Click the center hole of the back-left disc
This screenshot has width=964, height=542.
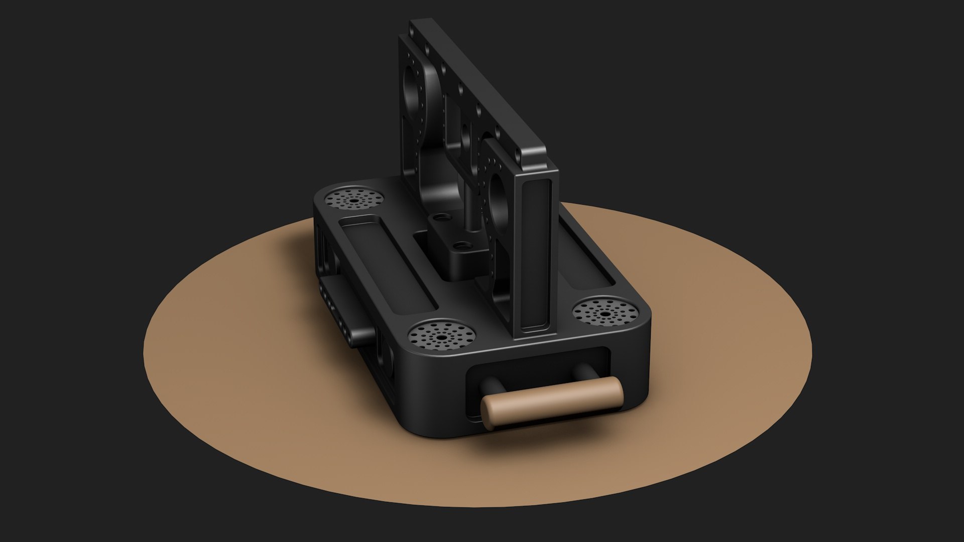tap(353, 200)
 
